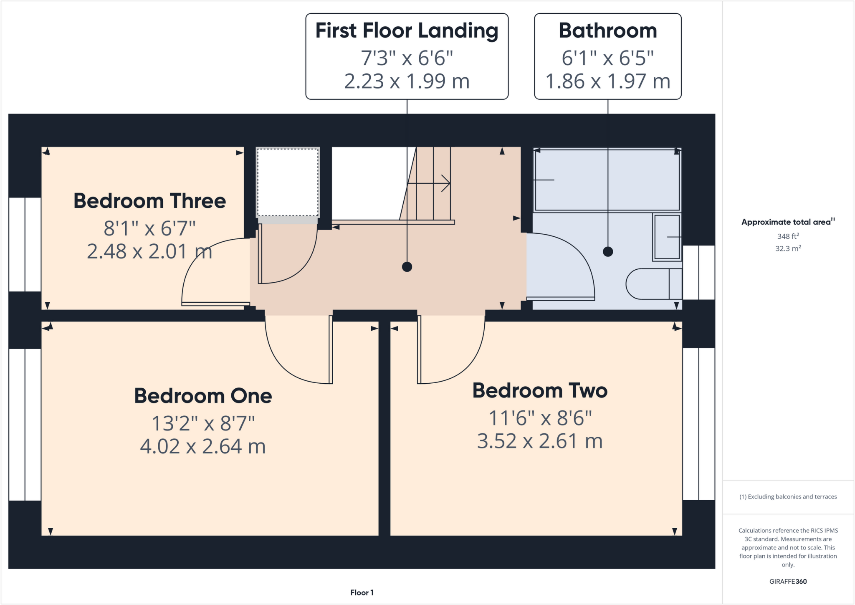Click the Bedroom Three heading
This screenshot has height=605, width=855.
click(x=149, y=201)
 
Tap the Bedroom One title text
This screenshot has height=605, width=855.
click(x=203, y=396)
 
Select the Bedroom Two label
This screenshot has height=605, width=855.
click(x=539, y=390)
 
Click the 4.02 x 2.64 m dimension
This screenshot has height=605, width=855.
click(x=203, y=446)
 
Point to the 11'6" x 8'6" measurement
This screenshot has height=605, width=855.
click(x=540, y=418)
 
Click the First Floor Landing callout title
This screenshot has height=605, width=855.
click(x=407, y=30)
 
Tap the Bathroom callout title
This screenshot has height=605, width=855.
click(x=607, y=30)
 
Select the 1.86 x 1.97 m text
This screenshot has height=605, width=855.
click(x=607, y=81)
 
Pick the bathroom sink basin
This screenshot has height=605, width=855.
click(x=667, y=237)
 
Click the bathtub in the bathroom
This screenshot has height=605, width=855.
click(x=607, y=180)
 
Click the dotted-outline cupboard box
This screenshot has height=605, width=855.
click(x=288, y=182)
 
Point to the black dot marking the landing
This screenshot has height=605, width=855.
click(x=407, y=267)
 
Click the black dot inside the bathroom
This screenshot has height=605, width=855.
click(x=608, y=252)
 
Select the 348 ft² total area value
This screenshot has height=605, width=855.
click(x=788, y=236)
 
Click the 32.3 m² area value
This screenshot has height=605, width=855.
click(x=788, y=248)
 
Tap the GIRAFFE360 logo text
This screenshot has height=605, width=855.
click(x=788, y=581)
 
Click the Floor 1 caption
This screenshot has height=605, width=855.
click(x=362, y=592)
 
